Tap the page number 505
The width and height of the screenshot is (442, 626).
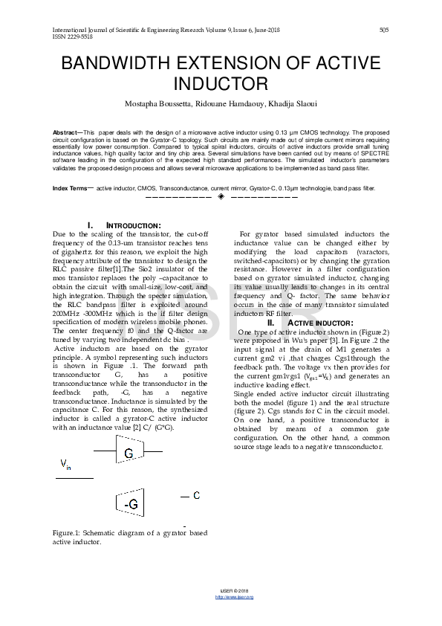click(x=383, y=30)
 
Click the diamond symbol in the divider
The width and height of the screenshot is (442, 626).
click(x=221, y=197)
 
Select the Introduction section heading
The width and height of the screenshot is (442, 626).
click(x=123, y=225)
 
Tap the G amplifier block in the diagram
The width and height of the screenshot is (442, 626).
click(x=129, y=454)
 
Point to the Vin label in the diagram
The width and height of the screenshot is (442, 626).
click(x=65, y=465)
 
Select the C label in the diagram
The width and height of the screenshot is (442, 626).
click(x=196, y=495)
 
